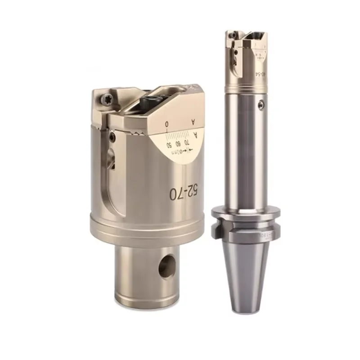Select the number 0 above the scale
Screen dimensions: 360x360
167,123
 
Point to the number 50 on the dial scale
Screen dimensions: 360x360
168,145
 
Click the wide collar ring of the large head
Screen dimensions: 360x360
148,229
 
